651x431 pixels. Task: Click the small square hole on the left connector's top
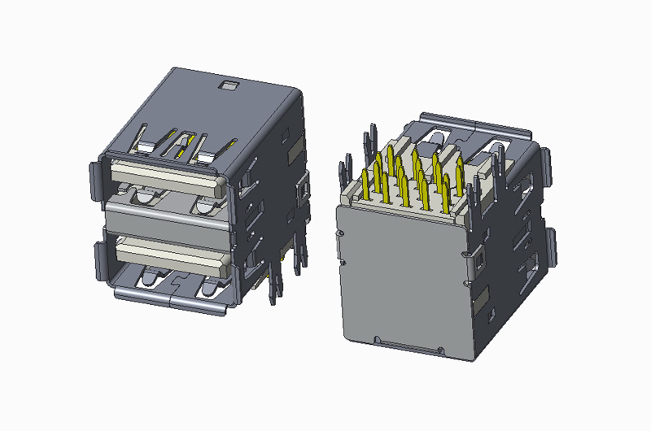coord(229,85)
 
